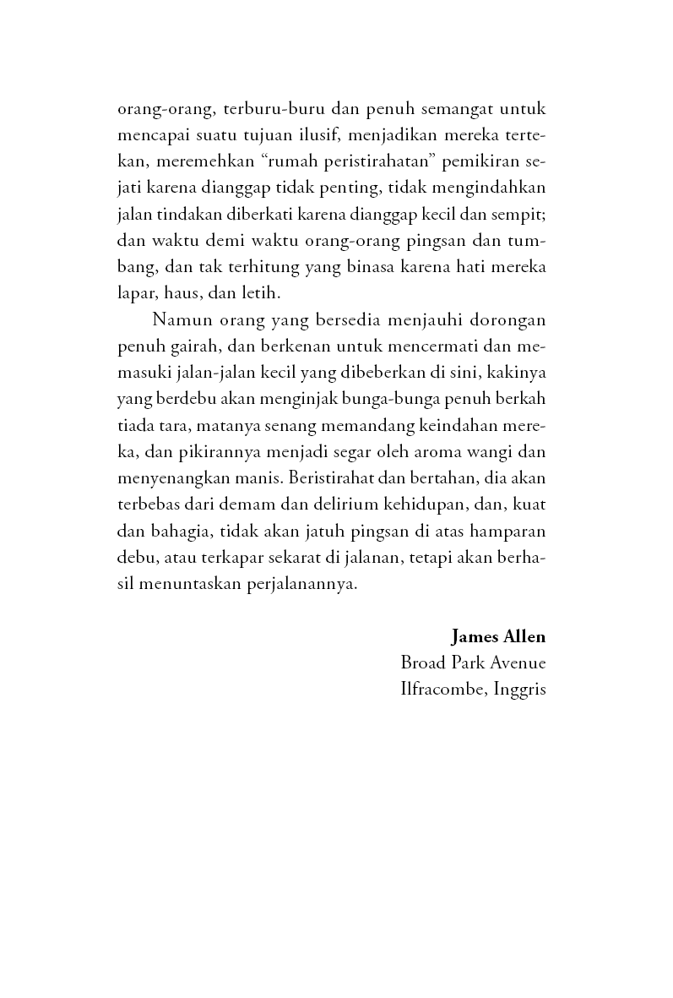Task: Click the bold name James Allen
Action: pos(498,635)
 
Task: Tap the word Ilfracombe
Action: pos(440,689)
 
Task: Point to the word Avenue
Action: pos(516,663)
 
